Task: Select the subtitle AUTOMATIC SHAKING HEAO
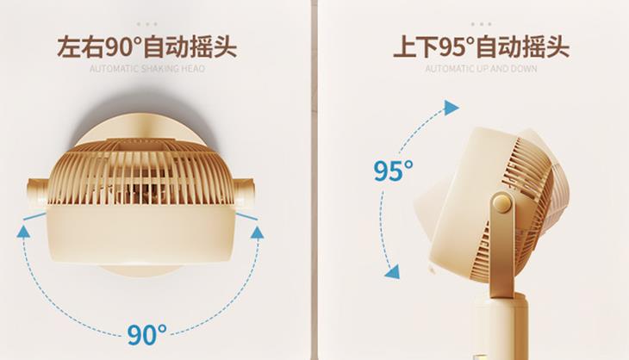click(146, 68)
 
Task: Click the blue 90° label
click(147, 332)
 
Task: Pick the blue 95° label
click(394, 171)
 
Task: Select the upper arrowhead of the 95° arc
click(451, 107)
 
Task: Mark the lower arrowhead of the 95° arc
click(392, 271)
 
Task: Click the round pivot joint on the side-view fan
click(501, 204)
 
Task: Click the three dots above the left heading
click(146, 23)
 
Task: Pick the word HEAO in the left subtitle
click(194, 68)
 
